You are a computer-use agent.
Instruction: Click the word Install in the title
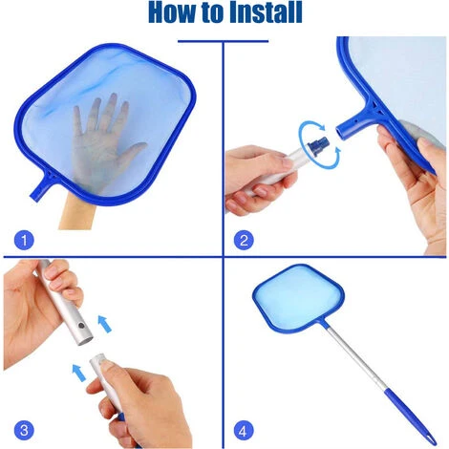pyautogui.click(x=266, y=12)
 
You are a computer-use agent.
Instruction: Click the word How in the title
pyautogui.click(x=172, y=12)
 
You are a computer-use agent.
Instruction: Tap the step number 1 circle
pyautogui.click(x=24, y=240)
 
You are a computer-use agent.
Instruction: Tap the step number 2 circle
pyautogui.click(x=244, y=240)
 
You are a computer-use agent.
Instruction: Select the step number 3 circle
pyautogui.click(x=24, y=431)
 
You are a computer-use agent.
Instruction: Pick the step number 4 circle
pyautogui.click(x=244, y=431)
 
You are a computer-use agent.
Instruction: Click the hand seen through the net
pyautogui.click(x=102, y=137)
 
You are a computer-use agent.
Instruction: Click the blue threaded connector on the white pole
pyautogui.click(x=318, y=146)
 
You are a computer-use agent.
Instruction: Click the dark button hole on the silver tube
pyautogui.click(x=81, y=326)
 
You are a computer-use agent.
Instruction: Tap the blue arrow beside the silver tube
pyautogui.click(x=104, y=324)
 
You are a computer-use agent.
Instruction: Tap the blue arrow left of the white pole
pyautogui.click(x=78, y=373)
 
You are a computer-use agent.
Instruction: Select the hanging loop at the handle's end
pyautogui.click(x=430, y=439)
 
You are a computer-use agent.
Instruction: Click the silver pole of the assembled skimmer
pyautogui.click(x=354, y=355)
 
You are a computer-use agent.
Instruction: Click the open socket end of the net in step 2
pyautogui.click(x=342, y=132)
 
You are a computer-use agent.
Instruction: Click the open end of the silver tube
pyautogui.click(x=85, y=342)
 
